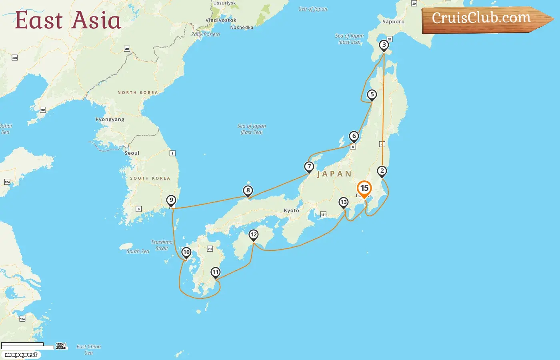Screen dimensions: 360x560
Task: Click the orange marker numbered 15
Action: click(364, 188)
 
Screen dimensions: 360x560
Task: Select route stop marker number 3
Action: click(384, 45)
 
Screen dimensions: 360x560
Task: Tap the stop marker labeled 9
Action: click(171, 200)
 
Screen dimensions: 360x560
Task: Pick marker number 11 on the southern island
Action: click(216, 273)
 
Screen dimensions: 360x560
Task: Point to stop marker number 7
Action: click(309, 166)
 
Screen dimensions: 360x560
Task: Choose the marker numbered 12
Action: click(254, 235)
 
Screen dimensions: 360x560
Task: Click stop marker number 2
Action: click(382, 171)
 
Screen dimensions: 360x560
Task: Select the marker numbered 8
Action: click(248, 191)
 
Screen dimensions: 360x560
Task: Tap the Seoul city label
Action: click(132, 153)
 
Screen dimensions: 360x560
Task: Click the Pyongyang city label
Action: click(110, 120)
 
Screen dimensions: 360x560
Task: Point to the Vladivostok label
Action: click(221, 20)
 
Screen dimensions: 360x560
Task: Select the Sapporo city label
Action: click(393, 22)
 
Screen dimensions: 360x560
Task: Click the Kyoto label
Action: click(291, 211)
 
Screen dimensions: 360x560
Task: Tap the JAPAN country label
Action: click(334, 174)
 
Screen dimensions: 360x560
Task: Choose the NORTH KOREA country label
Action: click(138, 92)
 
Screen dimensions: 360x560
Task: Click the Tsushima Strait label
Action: click(162, 245)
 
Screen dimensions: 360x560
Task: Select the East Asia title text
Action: click(68, 20)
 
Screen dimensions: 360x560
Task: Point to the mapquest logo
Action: click(21, 355)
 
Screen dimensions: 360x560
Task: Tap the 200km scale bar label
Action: click(62, 348)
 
